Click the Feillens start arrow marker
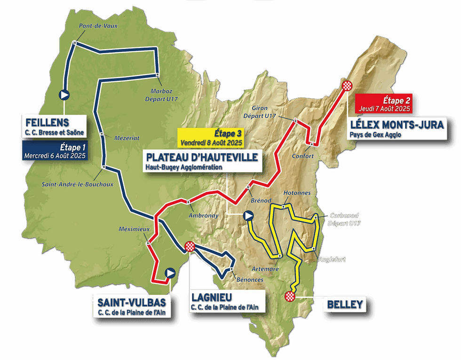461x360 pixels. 64,95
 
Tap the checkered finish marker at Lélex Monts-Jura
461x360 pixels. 348,85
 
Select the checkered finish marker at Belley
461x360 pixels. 290,296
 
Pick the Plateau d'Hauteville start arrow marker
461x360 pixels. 248,216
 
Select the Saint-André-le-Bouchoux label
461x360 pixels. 77,184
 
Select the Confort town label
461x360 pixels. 302,156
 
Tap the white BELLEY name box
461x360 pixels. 345,305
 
